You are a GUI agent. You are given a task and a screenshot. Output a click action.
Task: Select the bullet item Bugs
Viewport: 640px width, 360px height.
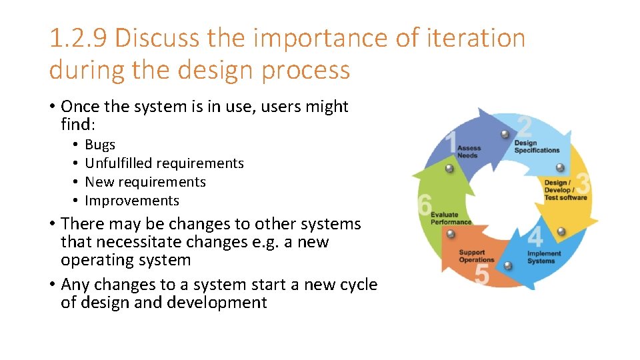(x=100, y=145)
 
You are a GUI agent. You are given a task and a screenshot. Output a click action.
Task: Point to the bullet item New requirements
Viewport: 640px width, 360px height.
(x=145, y=182)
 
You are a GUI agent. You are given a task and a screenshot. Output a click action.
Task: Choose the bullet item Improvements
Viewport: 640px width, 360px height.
(x=132, y=201)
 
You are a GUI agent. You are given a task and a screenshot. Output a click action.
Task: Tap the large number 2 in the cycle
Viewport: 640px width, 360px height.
(x=525, y=127)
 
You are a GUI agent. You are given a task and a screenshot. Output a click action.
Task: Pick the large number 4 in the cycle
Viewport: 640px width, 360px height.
(x=535, y=237)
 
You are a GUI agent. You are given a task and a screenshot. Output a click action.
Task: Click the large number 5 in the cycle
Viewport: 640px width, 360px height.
(x=482, y=274)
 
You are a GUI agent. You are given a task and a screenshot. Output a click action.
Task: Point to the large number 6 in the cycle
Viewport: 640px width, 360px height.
(x=425, y=205)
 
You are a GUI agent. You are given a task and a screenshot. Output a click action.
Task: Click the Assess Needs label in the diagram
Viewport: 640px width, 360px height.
(x=469, y=152)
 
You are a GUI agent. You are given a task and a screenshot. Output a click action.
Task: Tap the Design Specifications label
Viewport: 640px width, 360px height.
(x=537, y=147)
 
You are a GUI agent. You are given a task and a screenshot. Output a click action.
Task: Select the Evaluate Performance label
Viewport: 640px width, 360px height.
(x=451, y=219)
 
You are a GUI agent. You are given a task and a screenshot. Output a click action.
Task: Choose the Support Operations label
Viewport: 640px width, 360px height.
(x=477, y=256)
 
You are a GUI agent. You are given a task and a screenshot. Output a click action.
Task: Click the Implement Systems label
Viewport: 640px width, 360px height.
(x=544, y=257)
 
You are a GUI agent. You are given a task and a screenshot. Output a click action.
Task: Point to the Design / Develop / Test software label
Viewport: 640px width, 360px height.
(x=565, y=190)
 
